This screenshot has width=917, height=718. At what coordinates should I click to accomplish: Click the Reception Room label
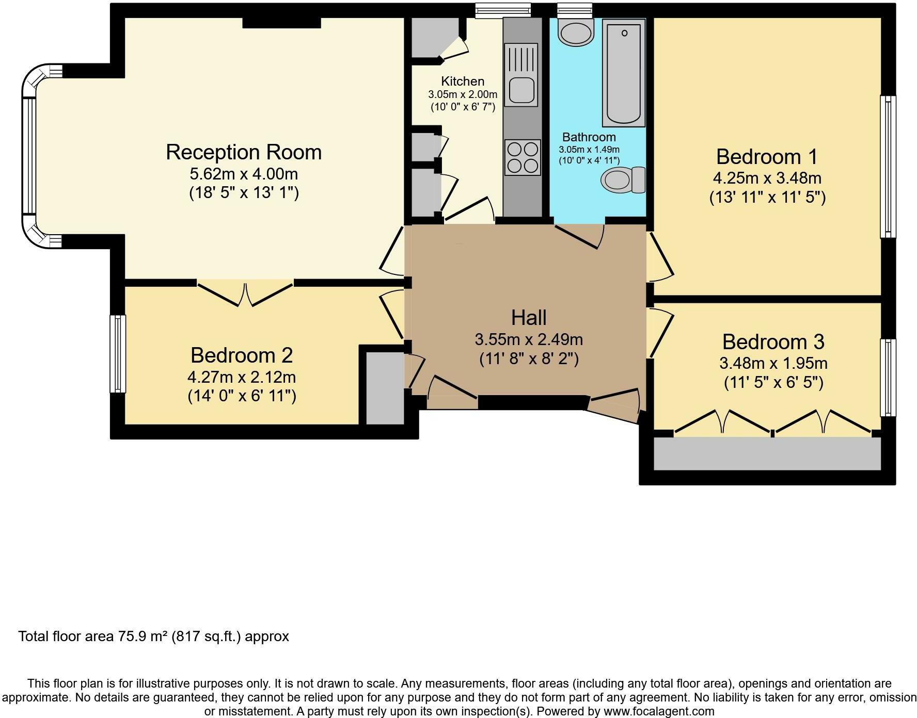pyautogui.click(x=244, y=152)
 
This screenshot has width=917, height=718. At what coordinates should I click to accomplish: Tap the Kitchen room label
pyautogui.click(x=463, y=81)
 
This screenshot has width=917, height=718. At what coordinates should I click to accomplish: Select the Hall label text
pyautogui.click(x=529, y=318)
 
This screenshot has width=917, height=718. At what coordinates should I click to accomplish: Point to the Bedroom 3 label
pyautogui.click(x=773, y=342)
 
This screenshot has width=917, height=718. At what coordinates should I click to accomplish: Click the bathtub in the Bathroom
pyautogui.click(x=624, y=73)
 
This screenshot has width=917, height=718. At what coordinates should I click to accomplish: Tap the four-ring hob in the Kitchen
pyautogui.click(x=523, y=157)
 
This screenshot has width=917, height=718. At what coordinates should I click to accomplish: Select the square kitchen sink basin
pyautogui.click(x=523, y=92)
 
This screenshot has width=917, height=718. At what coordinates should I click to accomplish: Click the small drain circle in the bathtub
pyautogui.click(x=624, y=34)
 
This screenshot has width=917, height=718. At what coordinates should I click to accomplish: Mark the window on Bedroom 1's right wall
pyautogui.click(x=888, y=167)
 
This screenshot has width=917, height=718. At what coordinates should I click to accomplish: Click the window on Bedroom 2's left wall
pyautogui.click(x=118, y=354)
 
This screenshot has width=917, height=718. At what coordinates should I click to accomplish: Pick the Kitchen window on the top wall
pyautogui.click(x=503, y=10)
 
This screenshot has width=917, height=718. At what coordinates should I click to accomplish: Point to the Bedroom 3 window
pyautogui.click(x=888, y=378)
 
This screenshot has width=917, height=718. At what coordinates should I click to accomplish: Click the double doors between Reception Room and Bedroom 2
pyautogui.click(x=245, y=293)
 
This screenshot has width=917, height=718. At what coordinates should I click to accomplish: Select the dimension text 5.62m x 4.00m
pyautogui.click(x=244, y=173)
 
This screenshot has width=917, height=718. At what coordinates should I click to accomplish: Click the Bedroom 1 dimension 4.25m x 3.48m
pyautogui.click(x=767, y=178)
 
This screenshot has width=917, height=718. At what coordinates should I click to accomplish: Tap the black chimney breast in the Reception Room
pyautogui.click(x=282, y=23)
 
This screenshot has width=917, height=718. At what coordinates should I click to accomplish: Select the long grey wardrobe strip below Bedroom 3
pyautogui.click(x=767, y=453)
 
